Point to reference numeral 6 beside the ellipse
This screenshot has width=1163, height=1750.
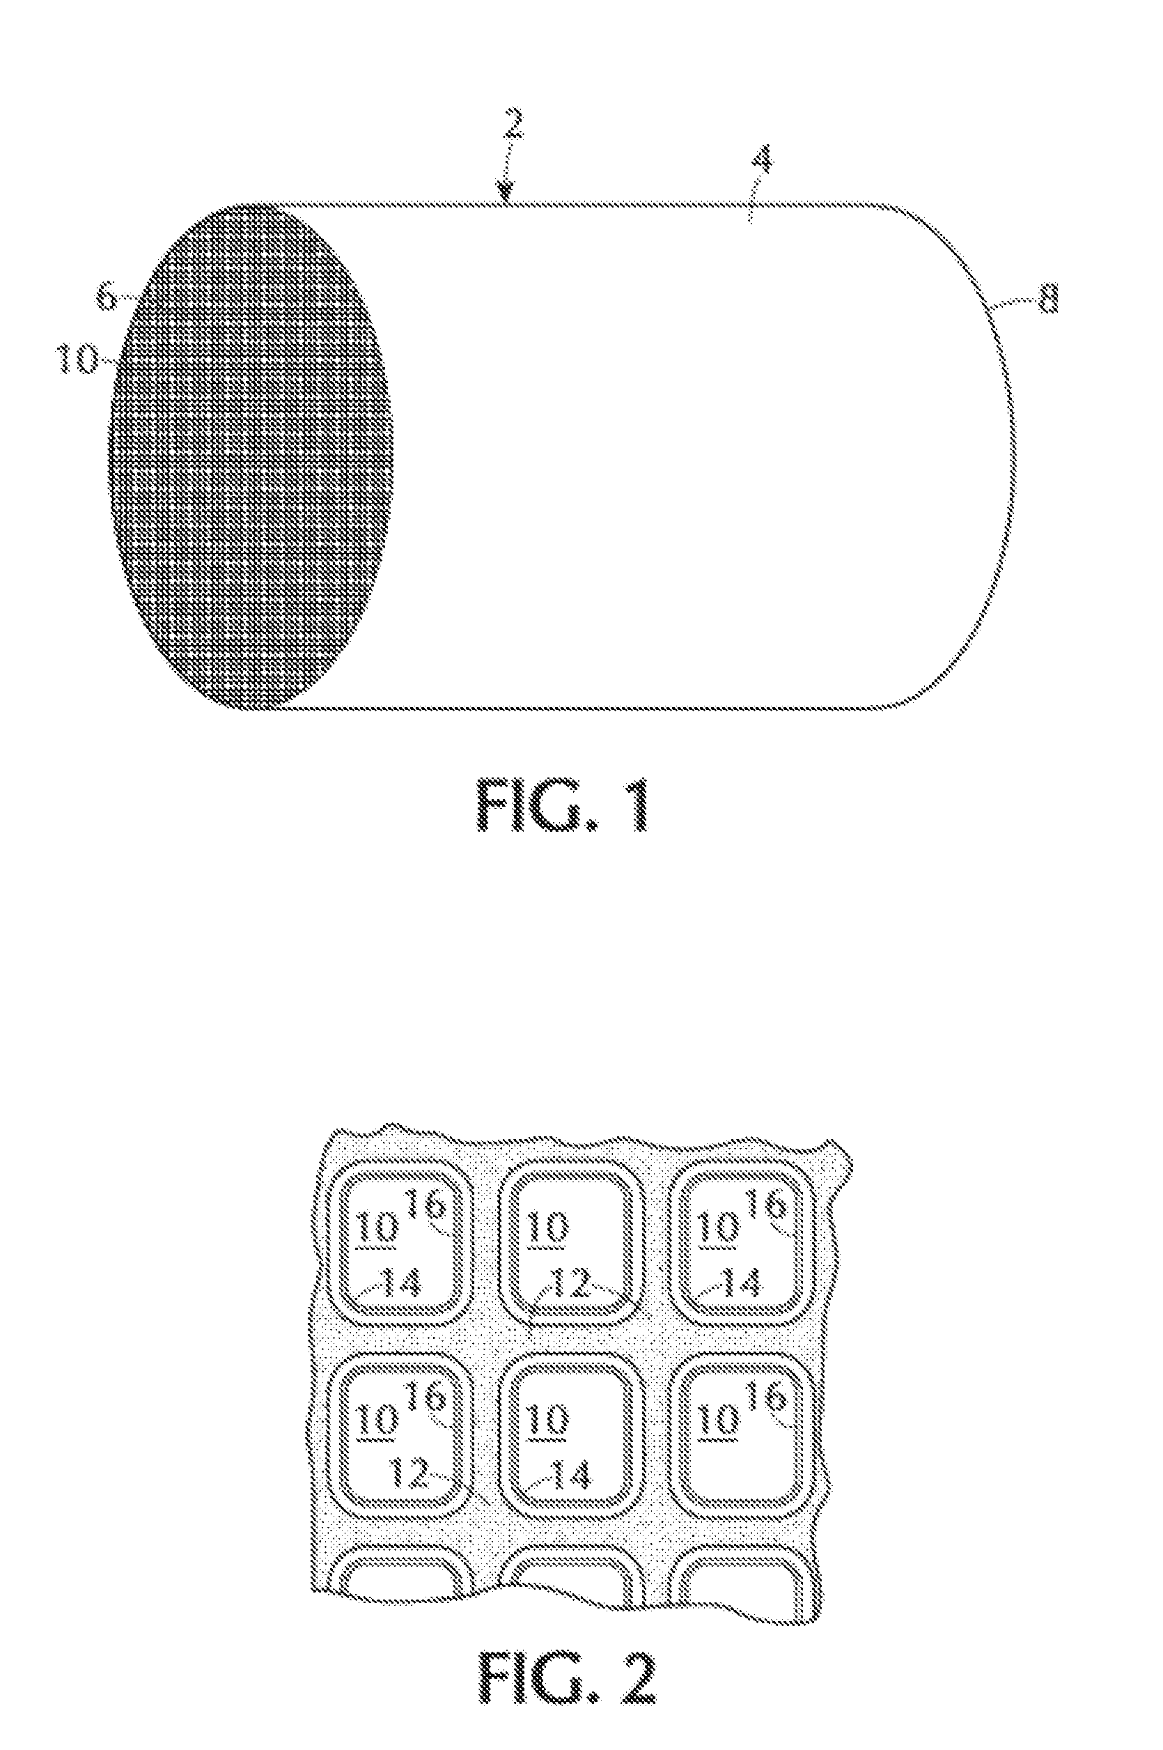(x=107, y=297)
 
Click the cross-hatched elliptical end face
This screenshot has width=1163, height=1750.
(x=251, y=456)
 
